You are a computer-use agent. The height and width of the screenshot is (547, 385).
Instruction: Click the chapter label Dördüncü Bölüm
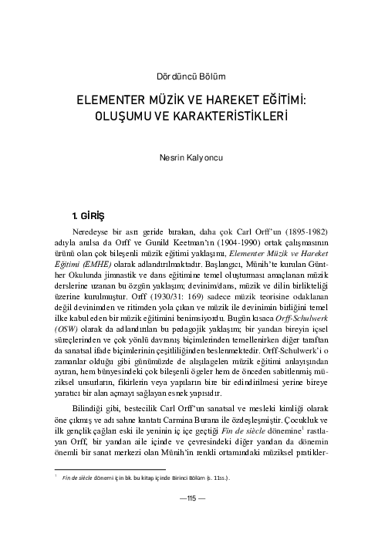pos(192,76)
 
